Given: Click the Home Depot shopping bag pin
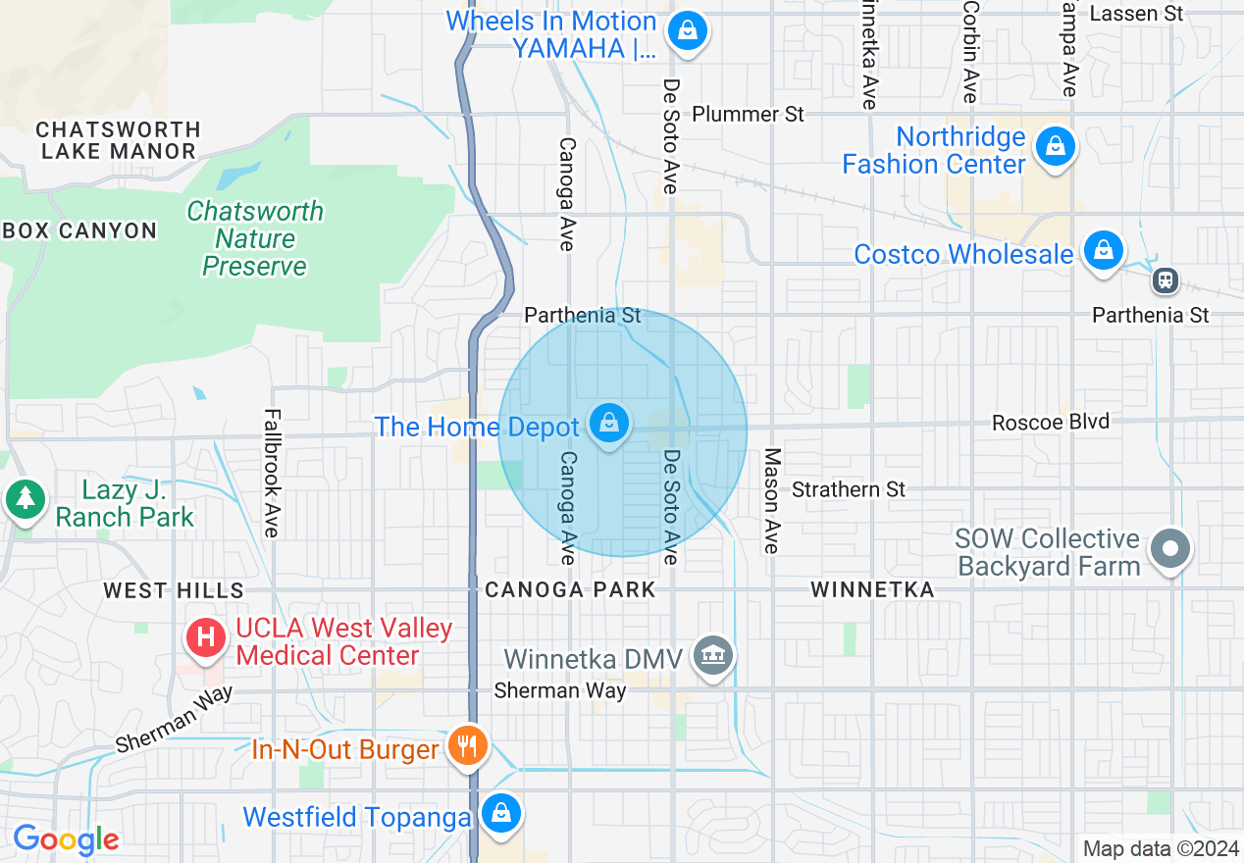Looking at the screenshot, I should click(609, 424).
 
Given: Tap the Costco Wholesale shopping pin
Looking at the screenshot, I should click(1104, 251).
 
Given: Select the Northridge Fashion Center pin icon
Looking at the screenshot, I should click(1055, 147).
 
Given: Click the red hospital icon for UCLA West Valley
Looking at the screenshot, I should click(206, 637).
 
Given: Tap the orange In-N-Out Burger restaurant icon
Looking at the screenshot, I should click(468, 746).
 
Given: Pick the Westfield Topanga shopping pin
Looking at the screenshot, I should click(501, 813).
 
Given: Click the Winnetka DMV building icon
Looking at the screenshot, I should click(711, 655).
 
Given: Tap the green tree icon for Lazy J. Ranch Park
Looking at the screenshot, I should click(25, 498).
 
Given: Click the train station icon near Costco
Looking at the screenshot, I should click(1166, 280).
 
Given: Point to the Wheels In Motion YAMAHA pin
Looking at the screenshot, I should click(688, 31).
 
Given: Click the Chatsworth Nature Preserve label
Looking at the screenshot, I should click(255, 238).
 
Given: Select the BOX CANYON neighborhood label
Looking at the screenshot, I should click(80, 230).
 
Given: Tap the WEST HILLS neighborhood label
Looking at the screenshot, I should click(174, 589).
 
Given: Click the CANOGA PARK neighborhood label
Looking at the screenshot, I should click(570, 589).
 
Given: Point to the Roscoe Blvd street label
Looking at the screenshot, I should click(1051, 422).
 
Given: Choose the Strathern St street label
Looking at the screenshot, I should click(849, 488).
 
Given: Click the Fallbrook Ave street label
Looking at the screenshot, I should click(272, 473).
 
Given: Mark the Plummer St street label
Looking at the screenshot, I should click(748, 114).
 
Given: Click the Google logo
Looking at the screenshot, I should click(66, 839).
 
